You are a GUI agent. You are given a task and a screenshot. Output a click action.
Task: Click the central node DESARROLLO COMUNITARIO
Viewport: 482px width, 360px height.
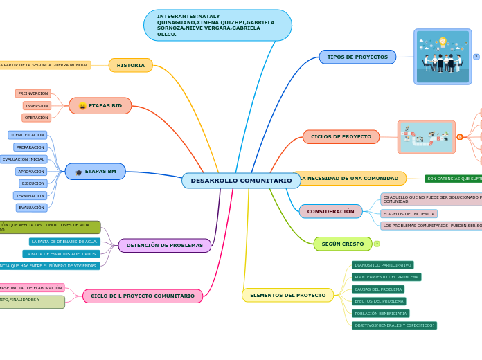pos(241,181)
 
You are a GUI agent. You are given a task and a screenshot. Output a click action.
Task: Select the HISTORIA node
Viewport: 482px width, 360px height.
pos(130,65)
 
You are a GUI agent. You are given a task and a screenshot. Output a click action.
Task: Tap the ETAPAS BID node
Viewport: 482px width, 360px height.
pos(100,106)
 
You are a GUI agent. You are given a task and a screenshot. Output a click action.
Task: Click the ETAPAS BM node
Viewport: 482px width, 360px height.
pos(96,172)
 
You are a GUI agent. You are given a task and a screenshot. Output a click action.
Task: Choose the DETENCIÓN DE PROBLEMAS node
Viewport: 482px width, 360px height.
pos(165,245)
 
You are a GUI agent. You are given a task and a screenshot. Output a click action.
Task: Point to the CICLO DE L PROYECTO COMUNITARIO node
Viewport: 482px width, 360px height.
pos(143,296)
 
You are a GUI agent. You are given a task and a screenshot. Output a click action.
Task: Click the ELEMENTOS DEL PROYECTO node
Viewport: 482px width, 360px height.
pos(287,295)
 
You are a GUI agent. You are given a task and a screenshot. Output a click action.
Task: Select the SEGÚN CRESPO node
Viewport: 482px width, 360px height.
pos(342,244)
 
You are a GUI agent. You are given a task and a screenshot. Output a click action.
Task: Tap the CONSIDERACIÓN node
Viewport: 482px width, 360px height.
pos(330,211)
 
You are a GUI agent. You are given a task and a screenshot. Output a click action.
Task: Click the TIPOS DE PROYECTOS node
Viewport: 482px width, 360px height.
pos(357,57)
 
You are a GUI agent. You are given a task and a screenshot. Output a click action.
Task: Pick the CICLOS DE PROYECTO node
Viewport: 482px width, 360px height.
pos(341,136)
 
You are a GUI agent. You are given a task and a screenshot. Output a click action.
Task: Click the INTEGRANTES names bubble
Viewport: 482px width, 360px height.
pos(217,26)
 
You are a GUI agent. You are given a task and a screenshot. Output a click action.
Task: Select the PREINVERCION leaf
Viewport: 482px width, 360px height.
pos(33,93)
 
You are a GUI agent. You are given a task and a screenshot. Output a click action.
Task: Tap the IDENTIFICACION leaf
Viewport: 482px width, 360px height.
pos(28,135)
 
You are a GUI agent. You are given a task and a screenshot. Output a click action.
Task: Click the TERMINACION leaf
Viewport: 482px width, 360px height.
pos(30,196)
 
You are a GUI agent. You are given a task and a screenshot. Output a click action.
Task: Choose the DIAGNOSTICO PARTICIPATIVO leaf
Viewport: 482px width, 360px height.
pos(383,265)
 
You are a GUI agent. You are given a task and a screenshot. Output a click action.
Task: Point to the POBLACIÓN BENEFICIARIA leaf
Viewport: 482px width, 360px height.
pos(381,314)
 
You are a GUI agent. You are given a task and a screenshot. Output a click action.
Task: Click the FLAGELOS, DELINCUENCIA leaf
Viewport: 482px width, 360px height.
pos(409,214)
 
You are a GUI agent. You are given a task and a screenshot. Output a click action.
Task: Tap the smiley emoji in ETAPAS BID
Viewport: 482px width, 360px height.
pos(82,107)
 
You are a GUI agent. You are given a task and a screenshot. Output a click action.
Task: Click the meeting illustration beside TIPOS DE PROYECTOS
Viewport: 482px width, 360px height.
pos(443,57)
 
